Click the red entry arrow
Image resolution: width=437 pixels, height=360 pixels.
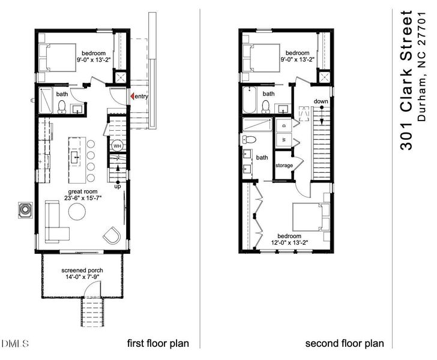[x=132, y=97]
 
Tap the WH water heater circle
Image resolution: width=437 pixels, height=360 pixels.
[x=118, y=146]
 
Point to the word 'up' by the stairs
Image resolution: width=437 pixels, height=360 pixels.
[x=118, y=186]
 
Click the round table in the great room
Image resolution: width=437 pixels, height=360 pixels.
[x=77, y=212]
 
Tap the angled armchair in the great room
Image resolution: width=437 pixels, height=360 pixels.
[x=112, y=235]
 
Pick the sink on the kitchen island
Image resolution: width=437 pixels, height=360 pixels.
[x=76, y=158]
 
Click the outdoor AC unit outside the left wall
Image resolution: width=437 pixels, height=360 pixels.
[x=25, y=211]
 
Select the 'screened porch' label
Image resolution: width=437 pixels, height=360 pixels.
[x=82, y=271]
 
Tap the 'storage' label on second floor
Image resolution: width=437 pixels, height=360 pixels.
[x=284, y=165]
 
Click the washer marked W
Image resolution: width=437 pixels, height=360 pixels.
[x=283, y=140]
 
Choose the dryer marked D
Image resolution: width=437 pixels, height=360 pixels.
[x=283, y=126]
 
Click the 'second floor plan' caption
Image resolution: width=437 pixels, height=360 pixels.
[x=345, y=344]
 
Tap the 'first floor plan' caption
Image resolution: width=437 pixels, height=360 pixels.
[x=158, y=344]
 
